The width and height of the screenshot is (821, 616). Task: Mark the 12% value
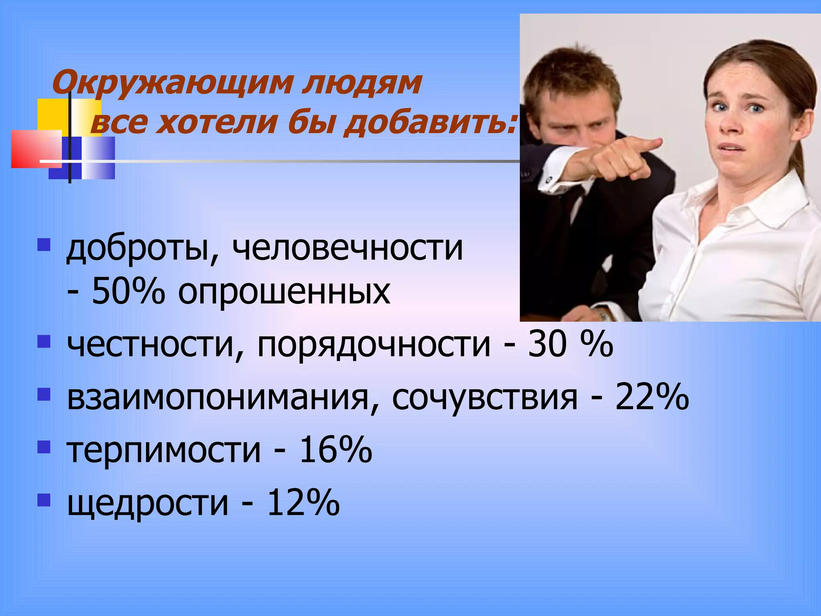click(x=303, y=502)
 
